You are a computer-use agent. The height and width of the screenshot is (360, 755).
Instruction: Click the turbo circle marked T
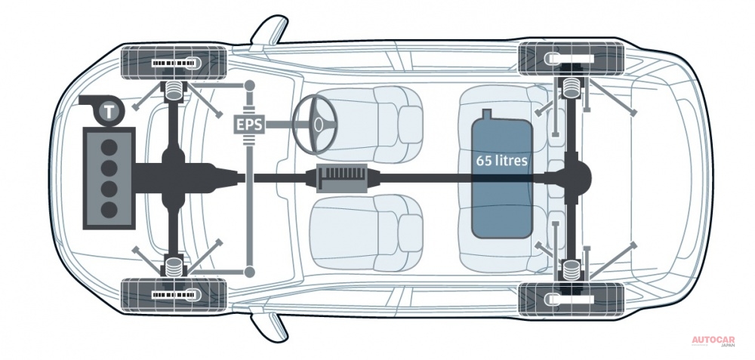point(109,112)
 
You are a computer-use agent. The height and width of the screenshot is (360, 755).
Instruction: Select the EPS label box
point(248,125)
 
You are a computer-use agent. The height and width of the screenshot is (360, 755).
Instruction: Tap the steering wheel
point(315,125)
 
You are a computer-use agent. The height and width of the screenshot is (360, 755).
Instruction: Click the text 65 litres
point(502,161)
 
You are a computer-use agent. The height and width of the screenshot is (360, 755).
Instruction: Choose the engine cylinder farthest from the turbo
point(109,209)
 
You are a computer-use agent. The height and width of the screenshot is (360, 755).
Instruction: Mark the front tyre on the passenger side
point(174,294)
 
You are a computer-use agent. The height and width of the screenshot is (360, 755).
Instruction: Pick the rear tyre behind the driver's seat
point(572,59)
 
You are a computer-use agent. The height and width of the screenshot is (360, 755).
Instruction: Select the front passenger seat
point(368,234)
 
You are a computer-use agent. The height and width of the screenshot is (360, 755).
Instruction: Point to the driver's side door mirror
point(270,31)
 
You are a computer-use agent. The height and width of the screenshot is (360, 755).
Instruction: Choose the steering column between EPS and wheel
point(279,125)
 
